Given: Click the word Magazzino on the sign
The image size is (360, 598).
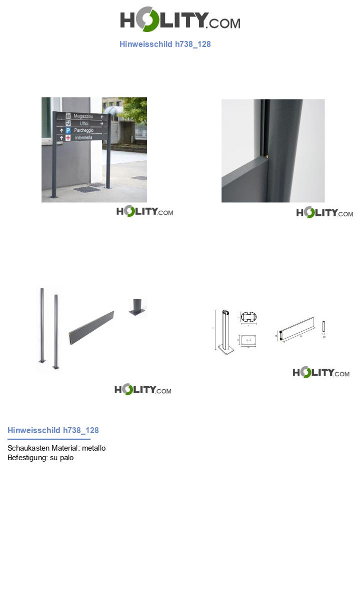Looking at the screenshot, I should (x=83, y=116).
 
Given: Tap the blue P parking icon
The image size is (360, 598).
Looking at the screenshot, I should (x=68, y=130).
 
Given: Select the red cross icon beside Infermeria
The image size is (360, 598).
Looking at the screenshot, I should (x=68, y=138).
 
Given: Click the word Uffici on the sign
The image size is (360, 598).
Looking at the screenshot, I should (x=84, y=123).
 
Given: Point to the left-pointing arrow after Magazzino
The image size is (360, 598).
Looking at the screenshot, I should (x=102, y=117).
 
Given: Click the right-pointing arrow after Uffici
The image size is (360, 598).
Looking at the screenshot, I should (x=102, y=123).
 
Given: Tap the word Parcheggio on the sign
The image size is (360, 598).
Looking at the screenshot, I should (x=84, y=130).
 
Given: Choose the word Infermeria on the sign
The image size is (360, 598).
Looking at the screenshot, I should (x=84, y=138).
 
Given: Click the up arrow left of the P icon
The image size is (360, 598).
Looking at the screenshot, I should (x=61, y=130).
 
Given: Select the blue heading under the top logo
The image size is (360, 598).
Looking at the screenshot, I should (x=165, y=44).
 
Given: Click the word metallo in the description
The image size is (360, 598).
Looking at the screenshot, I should (x=93, y=448).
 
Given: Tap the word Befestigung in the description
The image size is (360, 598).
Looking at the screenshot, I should (x=27, y=458).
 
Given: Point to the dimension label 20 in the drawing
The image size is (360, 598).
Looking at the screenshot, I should (x=324, y=337).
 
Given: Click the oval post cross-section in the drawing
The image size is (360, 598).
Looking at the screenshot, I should (x=248, y=317).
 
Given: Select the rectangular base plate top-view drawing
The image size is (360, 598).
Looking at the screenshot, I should (x=248, y=340).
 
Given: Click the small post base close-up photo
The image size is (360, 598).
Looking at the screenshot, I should (x=137, y=308).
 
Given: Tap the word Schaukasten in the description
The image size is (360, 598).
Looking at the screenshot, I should (x=28, y=448).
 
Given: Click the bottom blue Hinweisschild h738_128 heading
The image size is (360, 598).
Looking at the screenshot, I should (x=53, y=430).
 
